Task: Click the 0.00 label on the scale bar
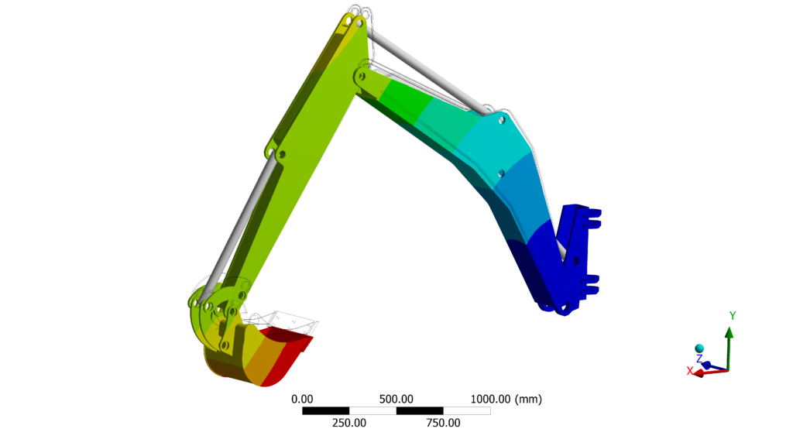(302, 399)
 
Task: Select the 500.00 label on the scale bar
(396, 399)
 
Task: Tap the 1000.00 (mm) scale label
(506, 399)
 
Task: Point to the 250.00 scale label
(349, 423)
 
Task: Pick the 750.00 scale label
(443, 423)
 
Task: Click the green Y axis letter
(733, 316)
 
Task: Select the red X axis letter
(689, 371)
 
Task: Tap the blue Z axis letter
(699, 359)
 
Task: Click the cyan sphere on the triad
(699, 348)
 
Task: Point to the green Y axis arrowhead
(729, 332)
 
